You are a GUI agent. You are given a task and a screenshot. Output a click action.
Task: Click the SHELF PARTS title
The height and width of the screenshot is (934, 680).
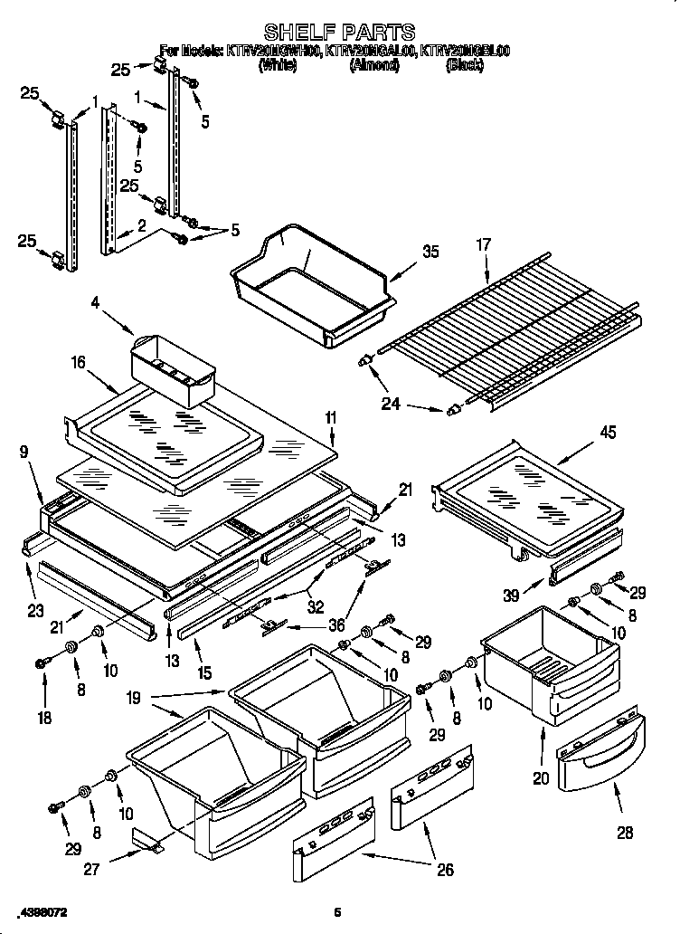point(340,33)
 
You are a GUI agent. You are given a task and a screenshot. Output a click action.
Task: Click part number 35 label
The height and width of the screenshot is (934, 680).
point(430,251)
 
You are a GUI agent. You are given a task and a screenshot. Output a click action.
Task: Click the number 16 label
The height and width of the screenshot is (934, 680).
point(78,362)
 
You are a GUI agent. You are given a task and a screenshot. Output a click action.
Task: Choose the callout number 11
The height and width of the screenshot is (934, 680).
point(331,417)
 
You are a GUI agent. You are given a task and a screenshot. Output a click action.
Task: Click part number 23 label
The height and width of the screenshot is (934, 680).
point(35,610)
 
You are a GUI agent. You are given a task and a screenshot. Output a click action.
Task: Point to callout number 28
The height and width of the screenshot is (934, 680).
point(624,832)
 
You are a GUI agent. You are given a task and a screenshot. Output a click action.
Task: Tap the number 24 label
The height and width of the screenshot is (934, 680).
point(390,405)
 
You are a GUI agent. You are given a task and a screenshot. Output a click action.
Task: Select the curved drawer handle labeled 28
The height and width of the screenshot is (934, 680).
point(600,750)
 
